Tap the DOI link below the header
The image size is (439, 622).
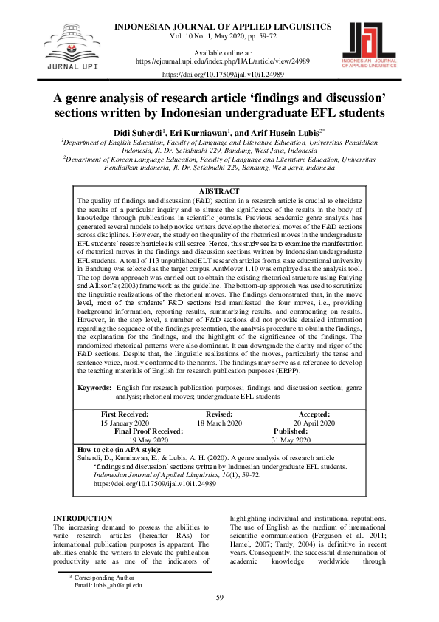(x=218, y=75)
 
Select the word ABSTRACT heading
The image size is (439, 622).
(x=219, y=191)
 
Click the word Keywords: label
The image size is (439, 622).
(x=94, y=387)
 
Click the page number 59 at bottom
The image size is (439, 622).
(x=219, y=598)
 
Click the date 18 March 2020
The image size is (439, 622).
(x=219, y=423)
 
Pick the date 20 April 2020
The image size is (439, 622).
(x=314, y=423)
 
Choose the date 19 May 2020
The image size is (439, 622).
(x=148, y=439)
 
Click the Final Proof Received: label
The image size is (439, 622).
(x=148, y=431)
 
